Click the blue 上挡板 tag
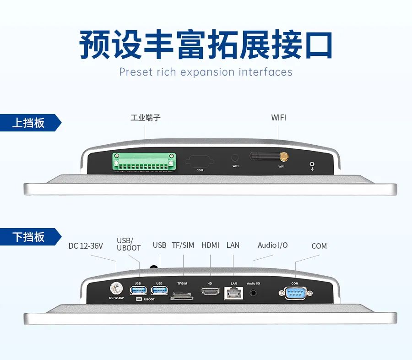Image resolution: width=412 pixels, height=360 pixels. point(28,123)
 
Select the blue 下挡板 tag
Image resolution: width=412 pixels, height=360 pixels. point(28,237)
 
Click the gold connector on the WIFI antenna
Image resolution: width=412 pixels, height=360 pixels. point(284,157)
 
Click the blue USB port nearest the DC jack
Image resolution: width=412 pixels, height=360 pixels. point(138,290)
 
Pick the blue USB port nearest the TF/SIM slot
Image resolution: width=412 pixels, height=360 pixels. point(159,290)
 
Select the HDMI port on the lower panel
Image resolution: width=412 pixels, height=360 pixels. point(210,292)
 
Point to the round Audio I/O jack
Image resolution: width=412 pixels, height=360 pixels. point(254,292)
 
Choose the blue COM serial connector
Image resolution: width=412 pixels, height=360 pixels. point(295,292)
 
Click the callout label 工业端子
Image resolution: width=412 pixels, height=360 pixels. point(145,118)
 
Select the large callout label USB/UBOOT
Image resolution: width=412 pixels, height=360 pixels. point(129,244)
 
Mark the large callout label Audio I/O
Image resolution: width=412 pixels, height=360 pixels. point(272,245)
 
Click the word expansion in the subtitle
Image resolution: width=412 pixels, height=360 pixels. point(207,72)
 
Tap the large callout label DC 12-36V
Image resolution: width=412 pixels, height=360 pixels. point(86,246)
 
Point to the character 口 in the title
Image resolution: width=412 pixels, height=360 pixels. point(316,45)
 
